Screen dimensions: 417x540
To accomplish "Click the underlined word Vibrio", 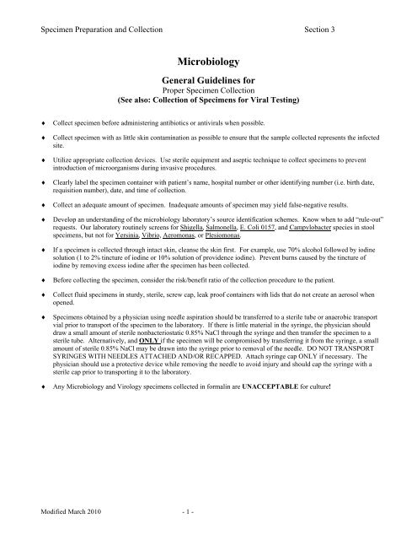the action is [170, 225].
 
